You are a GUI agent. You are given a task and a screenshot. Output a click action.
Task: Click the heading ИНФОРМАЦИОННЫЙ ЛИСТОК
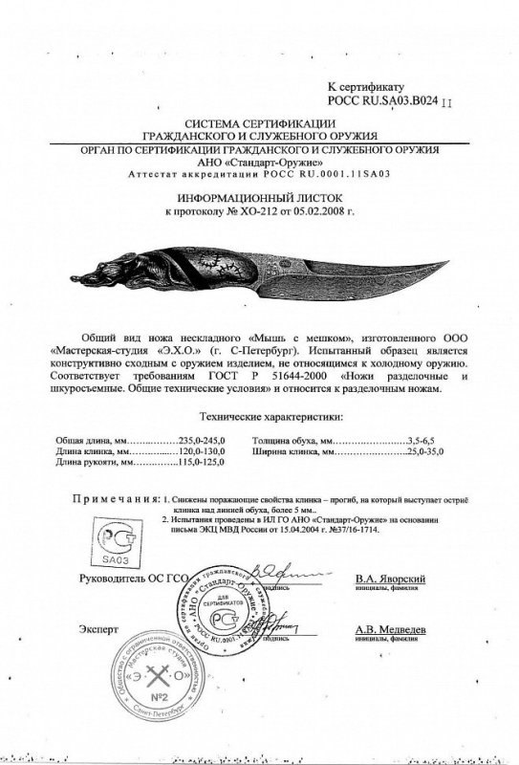tap(261, 193)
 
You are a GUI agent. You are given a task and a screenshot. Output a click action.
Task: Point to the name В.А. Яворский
tap(389, 579)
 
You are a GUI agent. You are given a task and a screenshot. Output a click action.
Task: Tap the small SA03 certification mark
tap(114, 539)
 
